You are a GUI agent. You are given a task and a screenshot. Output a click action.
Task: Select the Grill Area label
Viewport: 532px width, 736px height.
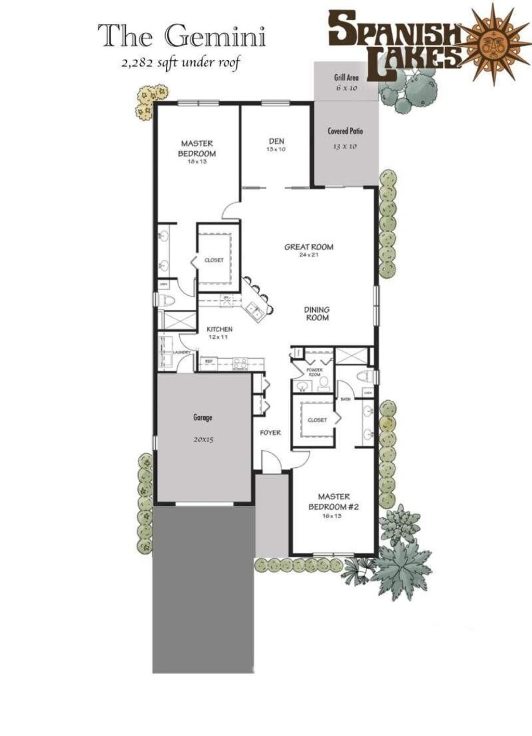coord(346,78)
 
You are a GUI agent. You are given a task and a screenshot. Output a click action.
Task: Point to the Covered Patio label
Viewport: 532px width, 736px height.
coord(345,131)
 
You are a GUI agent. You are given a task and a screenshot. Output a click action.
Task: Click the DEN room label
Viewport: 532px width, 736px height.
coord(276,141)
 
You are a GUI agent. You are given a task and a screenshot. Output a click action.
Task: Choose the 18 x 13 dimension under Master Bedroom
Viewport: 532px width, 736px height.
coord(197,162)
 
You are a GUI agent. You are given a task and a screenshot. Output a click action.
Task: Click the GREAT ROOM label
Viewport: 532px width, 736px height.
coord(309,247)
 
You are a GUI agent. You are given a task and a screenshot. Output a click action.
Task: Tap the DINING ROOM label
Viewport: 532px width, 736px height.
coord(317,313)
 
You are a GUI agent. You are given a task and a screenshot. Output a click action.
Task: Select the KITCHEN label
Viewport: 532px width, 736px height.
coord(219,329)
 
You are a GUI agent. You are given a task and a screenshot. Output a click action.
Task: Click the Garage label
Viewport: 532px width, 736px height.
coord(203,417)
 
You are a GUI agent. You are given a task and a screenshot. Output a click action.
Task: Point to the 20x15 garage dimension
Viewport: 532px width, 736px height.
coord(203,439)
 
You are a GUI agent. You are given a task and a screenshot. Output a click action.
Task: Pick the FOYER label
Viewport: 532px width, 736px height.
coord(270,432)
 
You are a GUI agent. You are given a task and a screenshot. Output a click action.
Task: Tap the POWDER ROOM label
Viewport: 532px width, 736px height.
coord(315,372)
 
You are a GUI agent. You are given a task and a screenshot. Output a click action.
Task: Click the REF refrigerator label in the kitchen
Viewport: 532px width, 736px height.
coord(209,361)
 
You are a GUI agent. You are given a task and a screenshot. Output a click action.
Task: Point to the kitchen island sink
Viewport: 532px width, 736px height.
coord(254,311)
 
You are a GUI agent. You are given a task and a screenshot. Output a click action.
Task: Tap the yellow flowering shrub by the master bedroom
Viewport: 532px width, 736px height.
coord(151,102)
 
